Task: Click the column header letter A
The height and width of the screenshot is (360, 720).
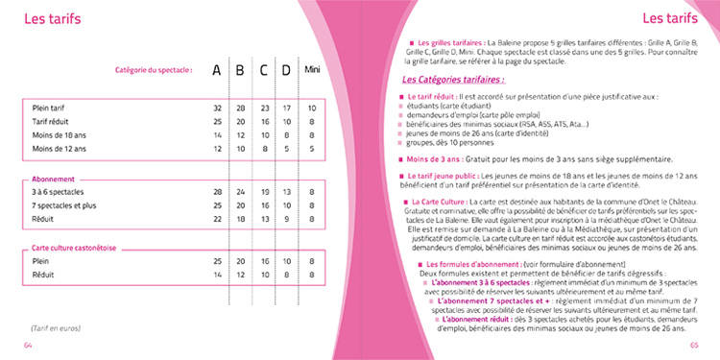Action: click(x=217, y=71)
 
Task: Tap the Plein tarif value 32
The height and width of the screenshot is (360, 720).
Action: click(x=218, y=108)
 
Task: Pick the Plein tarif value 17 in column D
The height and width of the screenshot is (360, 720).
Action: click(x=287, y=108)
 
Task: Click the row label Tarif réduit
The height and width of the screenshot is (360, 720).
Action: click(x=52, y=122)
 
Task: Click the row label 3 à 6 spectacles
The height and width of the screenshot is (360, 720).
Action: click(x=58, y=192)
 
